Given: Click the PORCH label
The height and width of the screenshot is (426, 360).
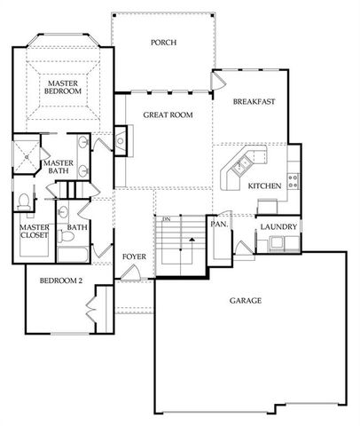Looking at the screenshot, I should (x=163, y=42).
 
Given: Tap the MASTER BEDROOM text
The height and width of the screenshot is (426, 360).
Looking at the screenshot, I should (x=64, y=86).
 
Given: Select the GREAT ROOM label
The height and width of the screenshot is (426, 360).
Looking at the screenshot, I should (x=168, y=114).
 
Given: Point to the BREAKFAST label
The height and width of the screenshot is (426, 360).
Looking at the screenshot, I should (x=254, y=102).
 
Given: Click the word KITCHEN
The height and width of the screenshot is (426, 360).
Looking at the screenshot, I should (x=264, y=185).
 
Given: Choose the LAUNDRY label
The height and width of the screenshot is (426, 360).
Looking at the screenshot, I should (x=278, y=227).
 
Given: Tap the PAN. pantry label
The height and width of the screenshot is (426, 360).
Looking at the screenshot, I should (x=219, y=225).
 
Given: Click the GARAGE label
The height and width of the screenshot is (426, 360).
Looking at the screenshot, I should (x=246, y=301).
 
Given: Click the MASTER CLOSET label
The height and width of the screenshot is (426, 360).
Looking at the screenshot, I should (x=34, y=232).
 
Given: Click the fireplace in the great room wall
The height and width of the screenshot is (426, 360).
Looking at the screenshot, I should (x=122, y=138).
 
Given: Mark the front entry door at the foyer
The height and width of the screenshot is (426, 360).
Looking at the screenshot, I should (x=130, y=273).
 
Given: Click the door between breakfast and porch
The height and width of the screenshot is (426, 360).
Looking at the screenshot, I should (x=216, y=80).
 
